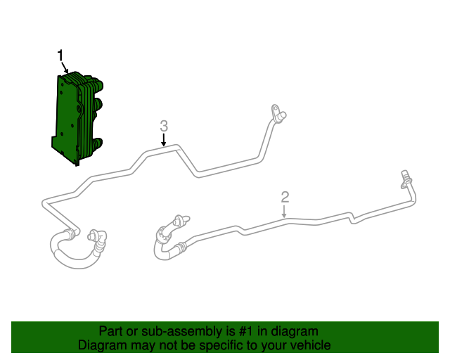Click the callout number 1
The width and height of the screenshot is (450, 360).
point(60,56)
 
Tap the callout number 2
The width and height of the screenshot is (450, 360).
point(285,196)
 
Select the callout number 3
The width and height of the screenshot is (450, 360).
point(164,126)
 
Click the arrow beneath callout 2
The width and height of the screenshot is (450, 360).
point(285,211)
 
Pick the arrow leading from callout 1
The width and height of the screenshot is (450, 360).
point(65,68)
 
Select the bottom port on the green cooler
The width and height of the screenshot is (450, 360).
point(99,144)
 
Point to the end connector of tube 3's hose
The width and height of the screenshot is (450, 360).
point(96,236)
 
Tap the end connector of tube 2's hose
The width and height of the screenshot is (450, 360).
point(177,221)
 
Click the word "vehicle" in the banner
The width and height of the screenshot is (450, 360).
point(309,345)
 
